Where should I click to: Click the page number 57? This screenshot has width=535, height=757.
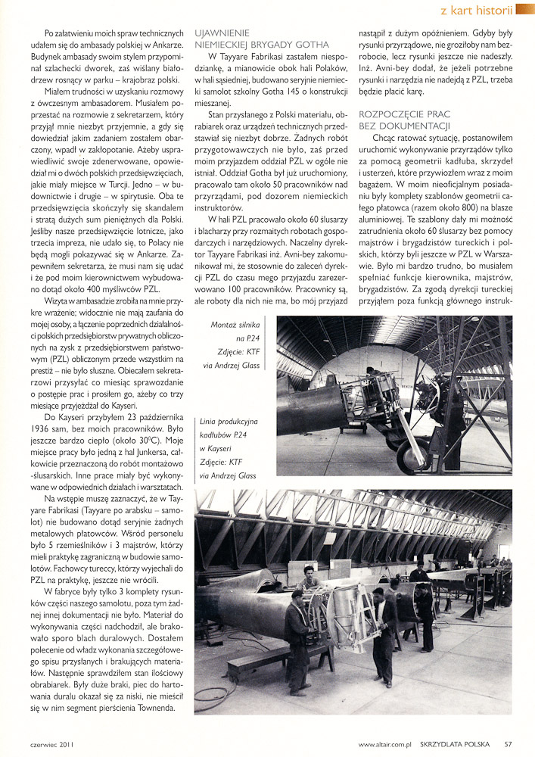509,744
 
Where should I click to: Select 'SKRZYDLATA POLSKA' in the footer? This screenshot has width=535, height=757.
459,744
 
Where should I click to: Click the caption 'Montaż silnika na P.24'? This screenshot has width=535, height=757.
240,332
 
